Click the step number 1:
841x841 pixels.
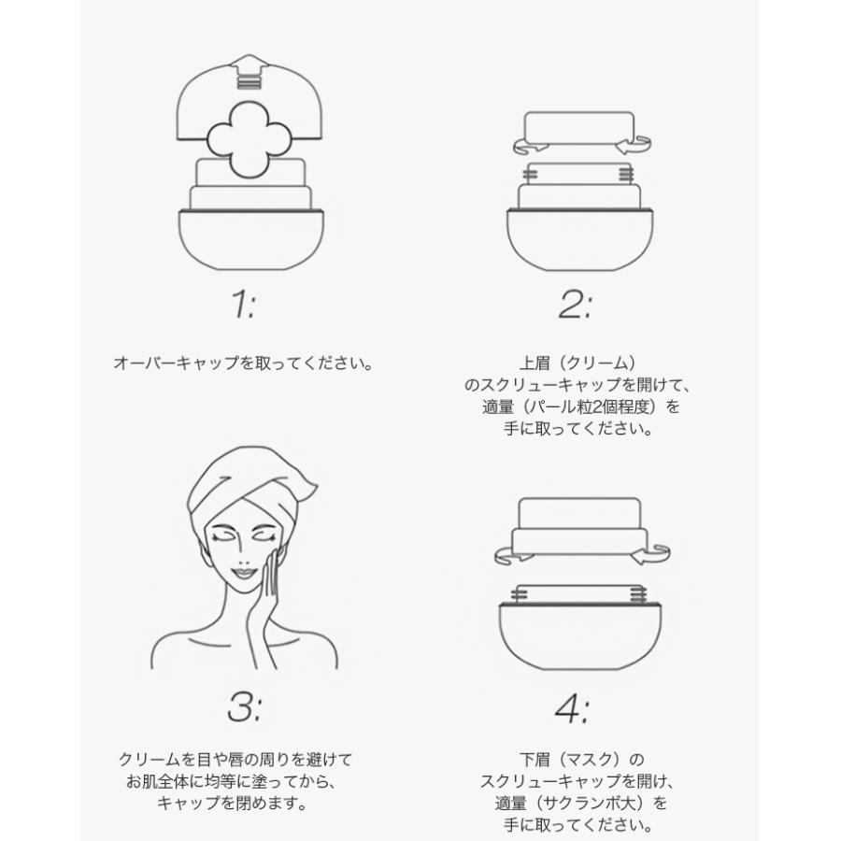[x=240, y=306]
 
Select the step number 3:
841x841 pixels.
[x=242, y=707]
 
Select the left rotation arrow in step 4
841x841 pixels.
[x=511, y=553]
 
